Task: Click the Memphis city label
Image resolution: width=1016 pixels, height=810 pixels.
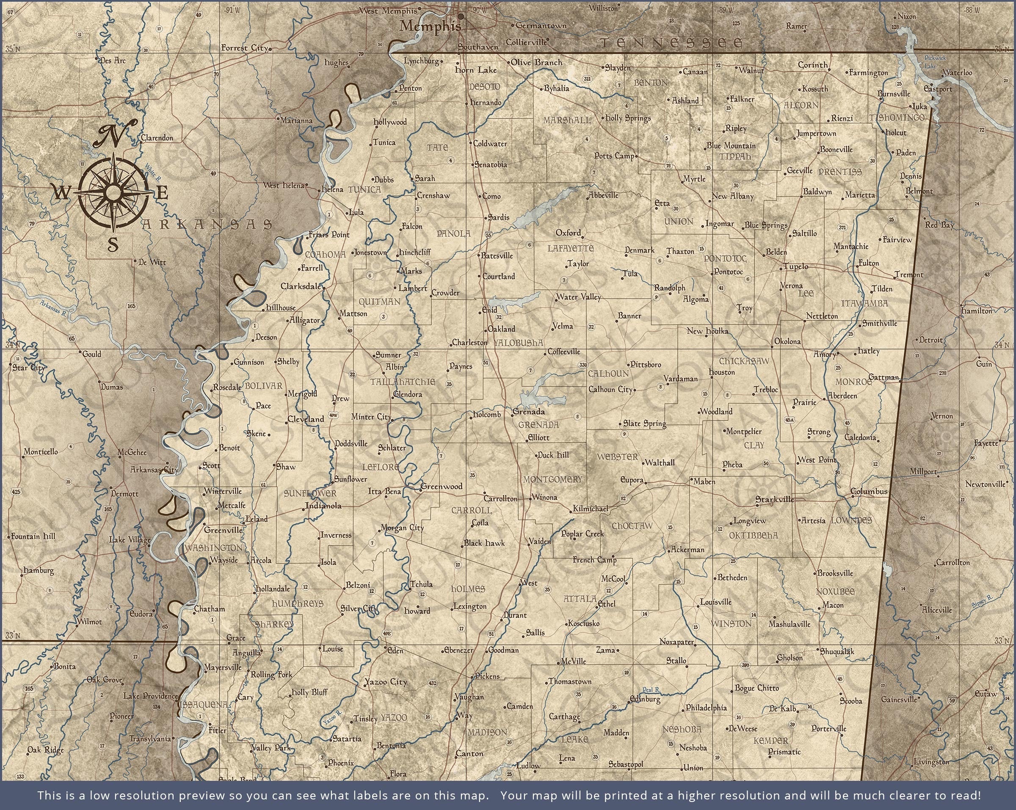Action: pos(430,26)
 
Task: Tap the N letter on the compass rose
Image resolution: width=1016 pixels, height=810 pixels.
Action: pos(116,134)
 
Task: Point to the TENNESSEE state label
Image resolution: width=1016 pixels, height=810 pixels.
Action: pos(671,43)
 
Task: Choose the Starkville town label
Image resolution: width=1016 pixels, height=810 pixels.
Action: pos(774,499)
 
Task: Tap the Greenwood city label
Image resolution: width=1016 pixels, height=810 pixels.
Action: pos(441,486)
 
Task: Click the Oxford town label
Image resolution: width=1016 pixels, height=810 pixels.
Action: pos(568,233)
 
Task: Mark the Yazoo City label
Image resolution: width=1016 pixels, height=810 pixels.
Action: pos(385,681)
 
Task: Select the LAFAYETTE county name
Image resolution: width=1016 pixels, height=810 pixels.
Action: pos(570,248)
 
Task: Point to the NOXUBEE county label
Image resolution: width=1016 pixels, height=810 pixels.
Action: pos(835,591)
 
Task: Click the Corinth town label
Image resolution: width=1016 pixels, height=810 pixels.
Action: pos(812,65)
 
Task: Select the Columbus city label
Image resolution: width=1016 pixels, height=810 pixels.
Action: pos(869,491)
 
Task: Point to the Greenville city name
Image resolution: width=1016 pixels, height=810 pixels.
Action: pos(223,530)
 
